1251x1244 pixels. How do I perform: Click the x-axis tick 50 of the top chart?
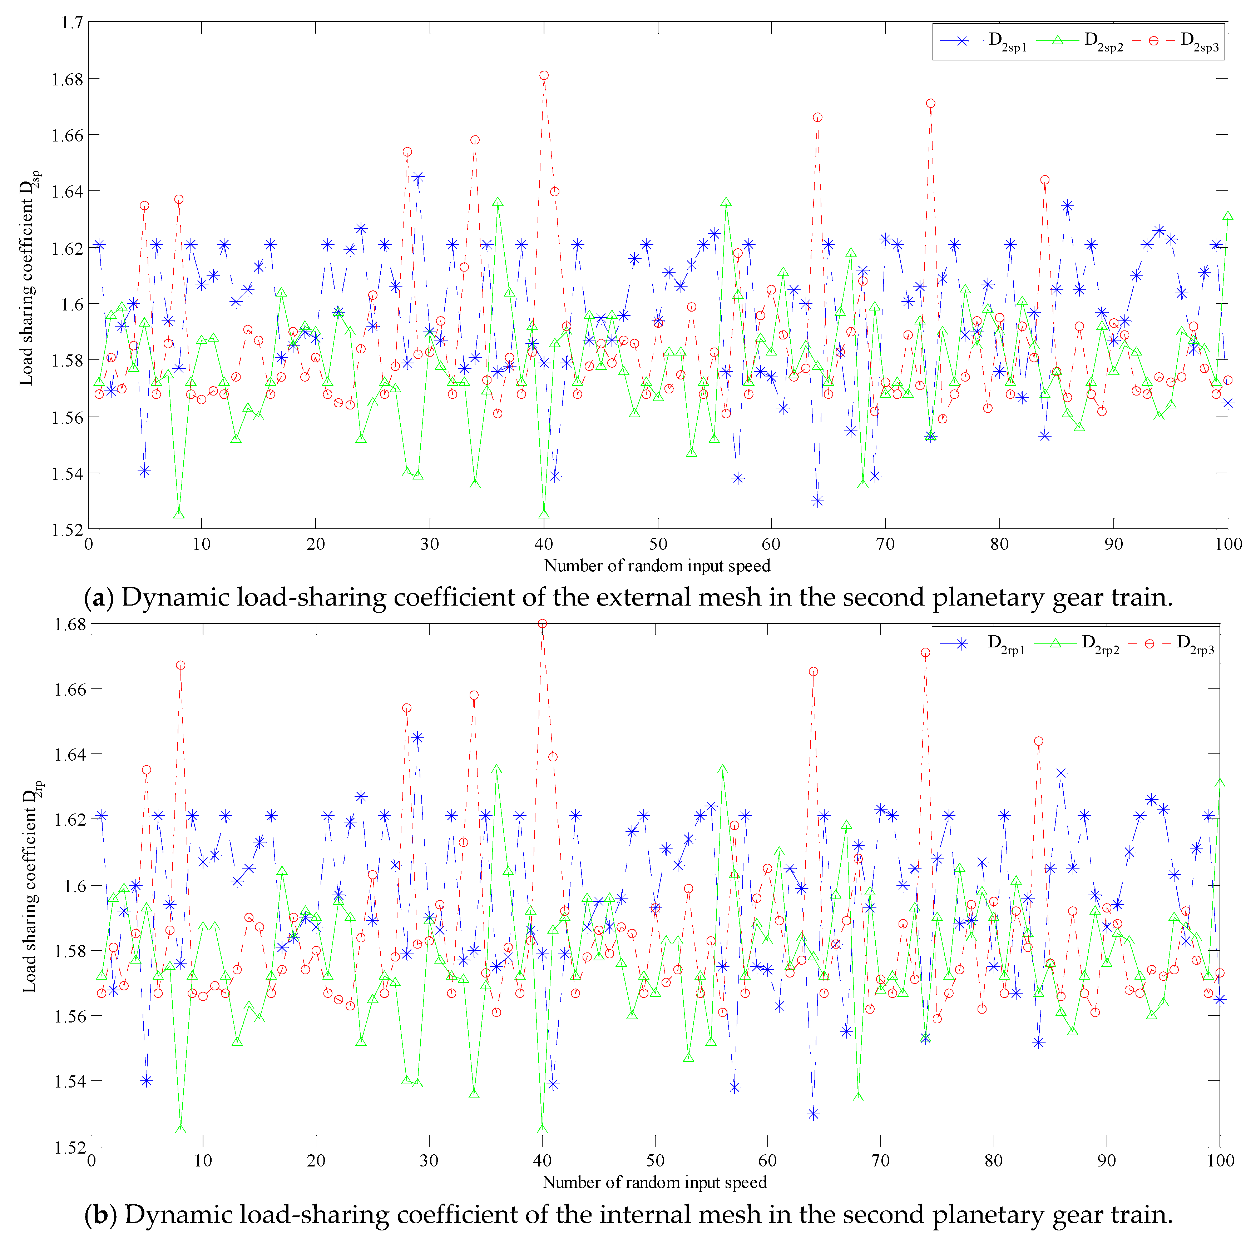click(658, 544)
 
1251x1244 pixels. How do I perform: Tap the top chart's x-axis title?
click(657, 566)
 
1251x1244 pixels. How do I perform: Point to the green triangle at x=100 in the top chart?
click(1228, 216)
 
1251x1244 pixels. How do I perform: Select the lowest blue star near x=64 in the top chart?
click(818, 501)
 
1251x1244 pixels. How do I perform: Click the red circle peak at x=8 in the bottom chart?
click(181, 665)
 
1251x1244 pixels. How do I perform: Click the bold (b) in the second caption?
click(100, 1214)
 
